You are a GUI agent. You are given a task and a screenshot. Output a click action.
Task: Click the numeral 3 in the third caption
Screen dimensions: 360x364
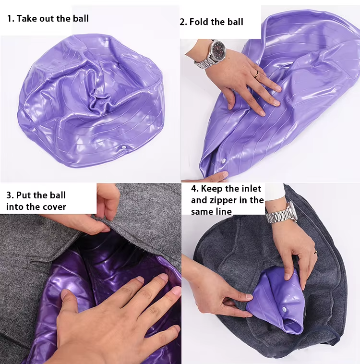point(9,195)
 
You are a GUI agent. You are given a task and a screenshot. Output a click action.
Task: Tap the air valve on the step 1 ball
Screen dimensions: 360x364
point(124,147)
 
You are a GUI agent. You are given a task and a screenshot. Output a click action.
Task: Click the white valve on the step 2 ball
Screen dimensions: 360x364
point(224,160)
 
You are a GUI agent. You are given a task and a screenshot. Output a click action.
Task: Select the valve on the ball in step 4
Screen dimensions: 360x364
point(284,309)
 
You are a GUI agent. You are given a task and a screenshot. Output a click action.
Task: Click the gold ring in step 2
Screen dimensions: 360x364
point(256,74)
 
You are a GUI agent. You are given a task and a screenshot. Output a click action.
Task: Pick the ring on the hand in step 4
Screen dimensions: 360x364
point(315,252)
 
